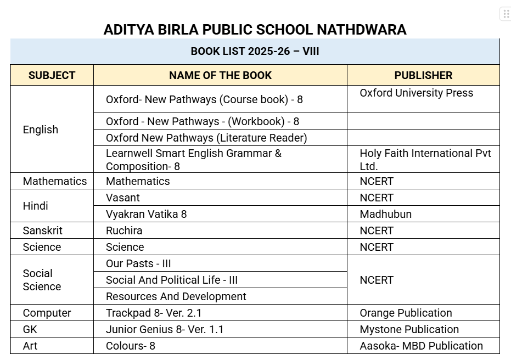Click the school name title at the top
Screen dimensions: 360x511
tap(255, 29)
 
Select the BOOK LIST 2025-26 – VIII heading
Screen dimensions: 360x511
tap(255, 52)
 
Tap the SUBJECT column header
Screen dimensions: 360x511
tap(52, 75)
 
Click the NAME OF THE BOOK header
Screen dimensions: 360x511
tap(220, 75)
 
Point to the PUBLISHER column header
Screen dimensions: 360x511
tap(423, 75)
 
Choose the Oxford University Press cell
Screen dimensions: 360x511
tap(416, 93)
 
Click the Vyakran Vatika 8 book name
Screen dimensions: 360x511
tap(146, 214)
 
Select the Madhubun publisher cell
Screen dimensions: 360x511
tap(385, 214)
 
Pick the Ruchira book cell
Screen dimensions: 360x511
tap(124, 230)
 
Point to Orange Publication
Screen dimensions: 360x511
tap(406, 313)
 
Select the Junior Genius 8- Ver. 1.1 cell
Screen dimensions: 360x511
tap(165, 329)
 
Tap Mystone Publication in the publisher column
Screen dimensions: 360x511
tap(409, 329)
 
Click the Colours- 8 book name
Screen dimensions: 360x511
tap(131, 346)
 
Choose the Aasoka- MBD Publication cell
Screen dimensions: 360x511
tap(421, 346)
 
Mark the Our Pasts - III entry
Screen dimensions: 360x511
tap(138, 263)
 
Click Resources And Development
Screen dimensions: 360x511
tap(176, 296)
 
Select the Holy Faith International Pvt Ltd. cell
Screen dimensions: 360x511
tap(425, 159)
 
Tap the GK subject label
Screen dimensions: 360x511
tap(30, 329)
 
